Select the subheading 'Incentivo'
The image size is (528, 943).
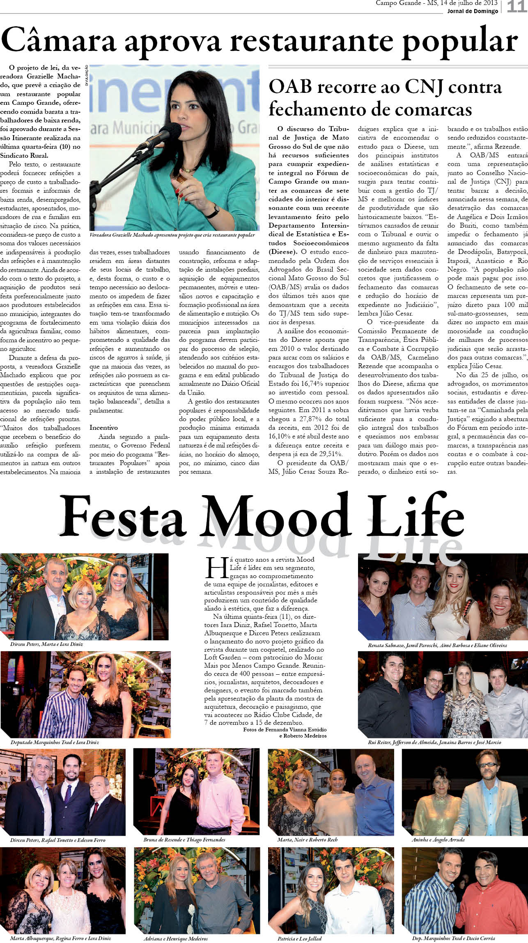(103, 428)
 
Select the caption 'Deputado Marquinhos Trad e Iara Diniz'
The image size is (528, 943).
(55, 742)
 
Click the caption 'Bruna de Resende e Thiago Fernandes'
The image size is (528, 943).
(184, 840)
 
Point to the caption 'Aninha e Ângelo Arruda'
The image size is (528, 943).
(438, 840)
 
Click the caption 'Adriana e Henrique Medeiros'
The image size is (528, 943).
(175, 938)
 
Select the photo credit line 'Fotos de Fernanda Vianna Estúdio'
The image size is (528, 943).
(285, 729)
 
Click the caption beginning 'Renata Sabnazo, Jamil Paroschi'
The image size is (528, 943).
(437, 646)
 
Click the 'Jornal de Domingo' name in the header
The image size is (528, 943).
(473, 11)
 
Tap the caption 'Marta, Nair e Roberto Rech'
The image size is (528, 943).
(307, 840)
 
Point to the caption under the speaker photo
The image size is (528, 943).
(172, 235)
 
